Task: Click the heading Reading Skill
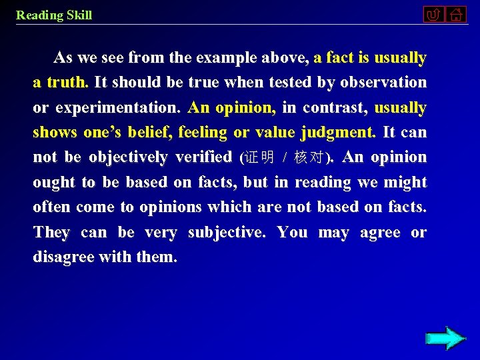point(54,15)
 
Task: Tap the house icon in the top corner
point(456,15)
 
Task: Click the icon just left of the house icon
point(433,15)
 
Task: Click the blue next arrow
point(445,338)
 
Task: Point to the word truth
point(67,83)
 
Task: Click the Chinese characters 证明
point(260,158)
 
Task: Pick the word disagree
point(64,257)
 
